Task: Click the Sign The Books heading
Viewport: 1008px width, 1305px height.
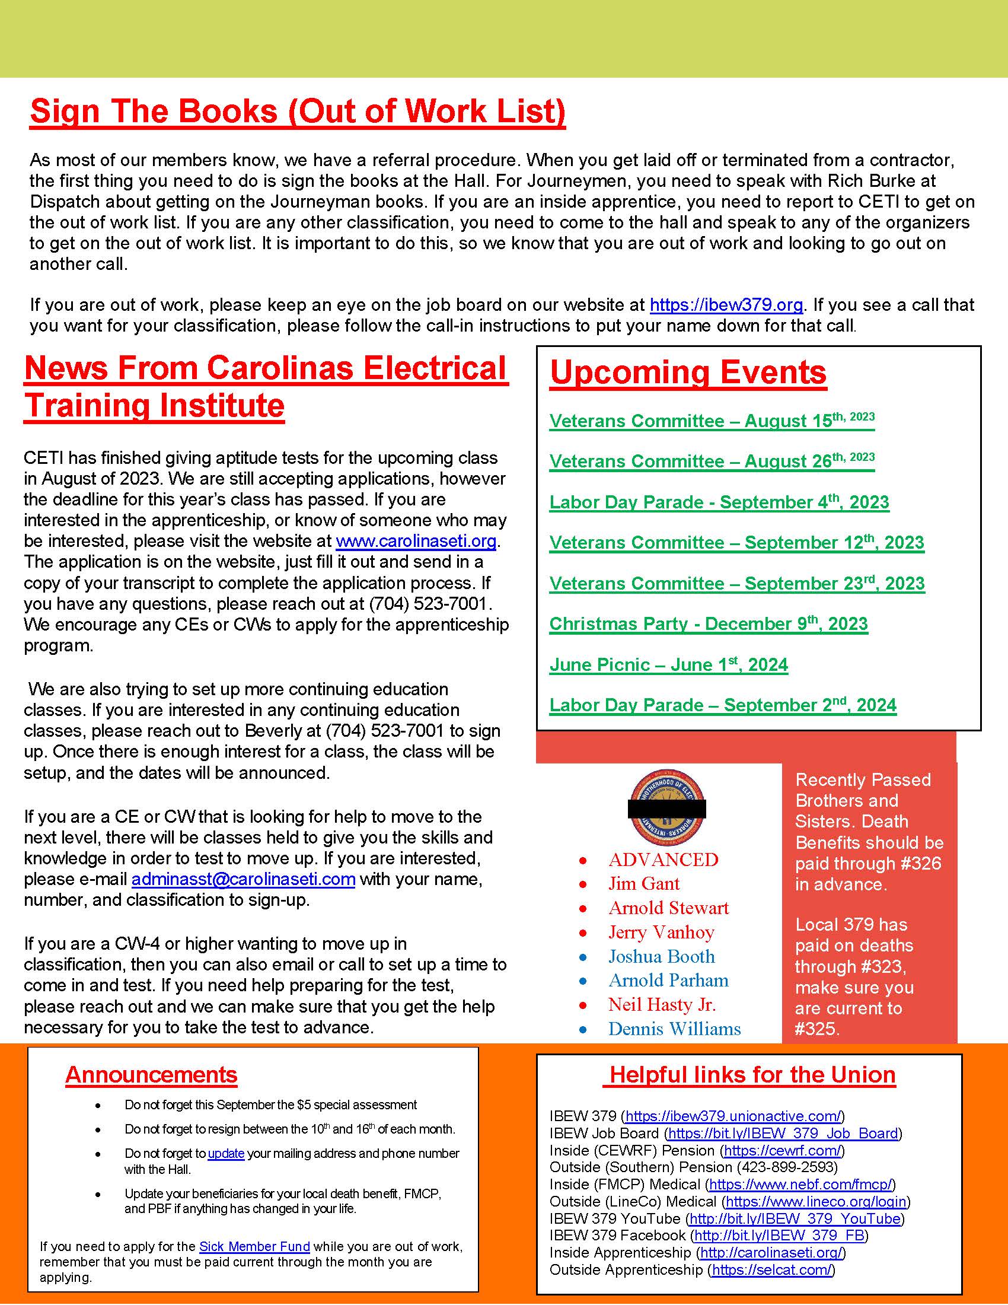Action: click(298, 111)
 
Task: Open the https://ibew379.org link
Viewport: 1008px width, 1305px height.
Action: click(726, 305)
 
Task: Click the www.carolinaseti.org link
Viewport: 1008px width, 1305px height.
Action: click(416, 541)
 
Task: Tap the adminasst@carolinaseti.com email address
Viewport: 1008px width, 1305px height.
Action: click(243, 879)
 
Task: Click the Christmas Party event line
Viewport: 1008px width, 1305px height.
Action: click(708, 624)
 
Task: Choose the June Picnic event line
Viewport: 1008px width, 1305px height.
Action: click(668, 664)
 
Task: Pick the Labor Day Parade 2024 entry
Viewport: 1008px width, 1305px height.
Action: click(723, 705)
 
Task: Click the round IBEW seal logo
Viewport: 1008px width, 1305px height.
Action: click(667, 808)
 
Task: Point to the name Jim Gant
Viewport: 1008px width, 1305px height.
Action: click(644, 884)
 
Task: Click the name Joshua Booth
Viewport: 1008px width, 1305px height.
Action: click(661, 956)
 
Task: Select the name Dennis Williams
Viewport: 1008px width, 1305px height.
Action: click(674, 1029)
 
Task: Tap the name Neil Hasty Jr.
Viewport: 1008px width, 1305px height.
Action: click(662, 1004)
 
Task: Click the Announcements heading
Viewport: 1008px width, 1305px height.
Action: click(151, 1074)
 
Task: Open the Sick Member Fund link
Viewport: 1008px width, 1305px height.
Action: click(254, 1246)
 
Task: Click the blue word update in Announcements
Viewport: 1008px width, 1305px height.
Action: click(226, 1153)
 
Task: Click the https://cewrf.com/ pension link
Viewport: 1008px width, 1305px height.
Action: click(783, 1150)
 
